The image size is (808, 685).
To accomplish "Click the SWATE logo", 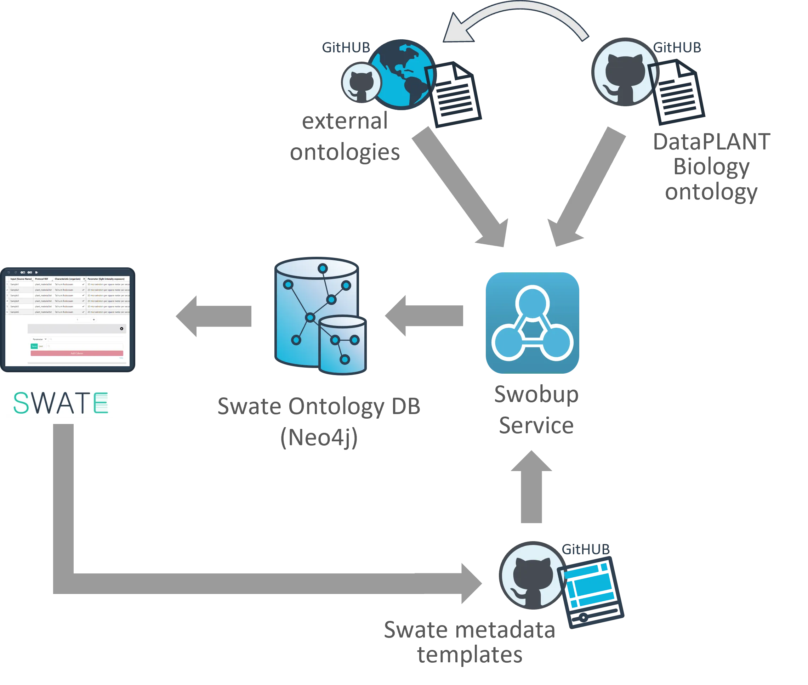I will pos(61,403).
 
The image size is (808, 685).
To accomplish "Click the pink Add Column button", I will pos(77,353).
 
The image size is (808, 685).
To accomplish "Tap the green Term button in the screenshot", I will pos(34,346).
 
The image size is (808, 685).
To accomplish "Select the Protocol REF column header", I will pos(42,279).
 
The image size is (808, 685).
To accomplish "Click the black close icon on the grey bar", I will pos(121,329).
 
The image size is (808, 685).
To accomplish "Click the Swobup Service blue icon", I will pos(533,323).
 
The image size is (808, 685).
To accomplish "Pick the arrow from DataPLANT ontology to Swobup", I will pos(586,186).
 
